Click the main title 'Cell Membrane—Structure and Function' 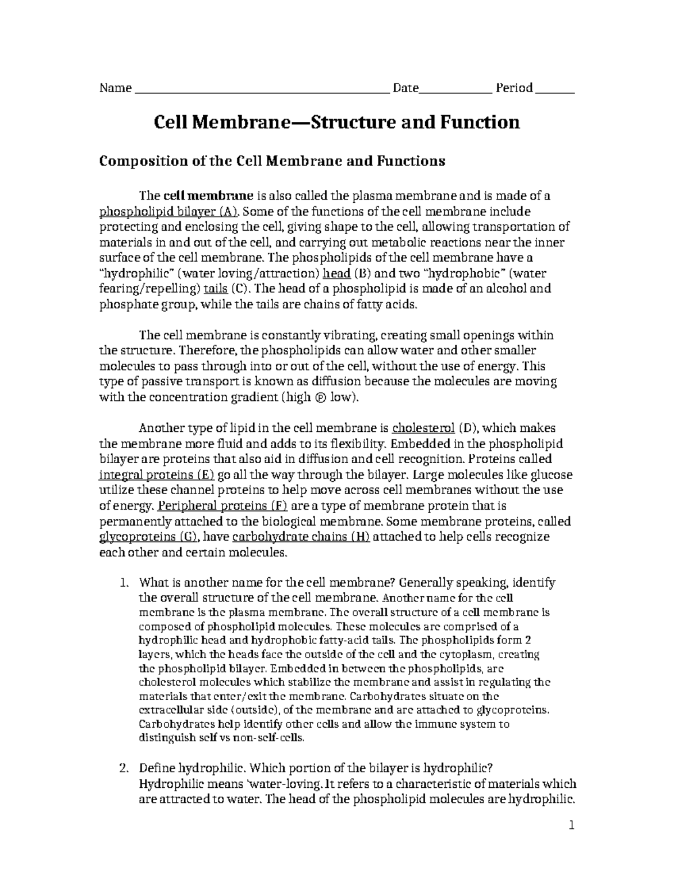tap(337, 122)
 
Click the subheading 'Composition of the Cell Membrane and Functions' tap(272, 161)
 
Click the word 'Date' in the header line tap(406, 88)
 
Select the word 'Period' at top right tap(514, 88)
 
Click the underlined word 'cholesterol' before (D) tap(423, 428)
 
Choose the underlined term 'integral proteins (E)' tap(157, 474)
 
